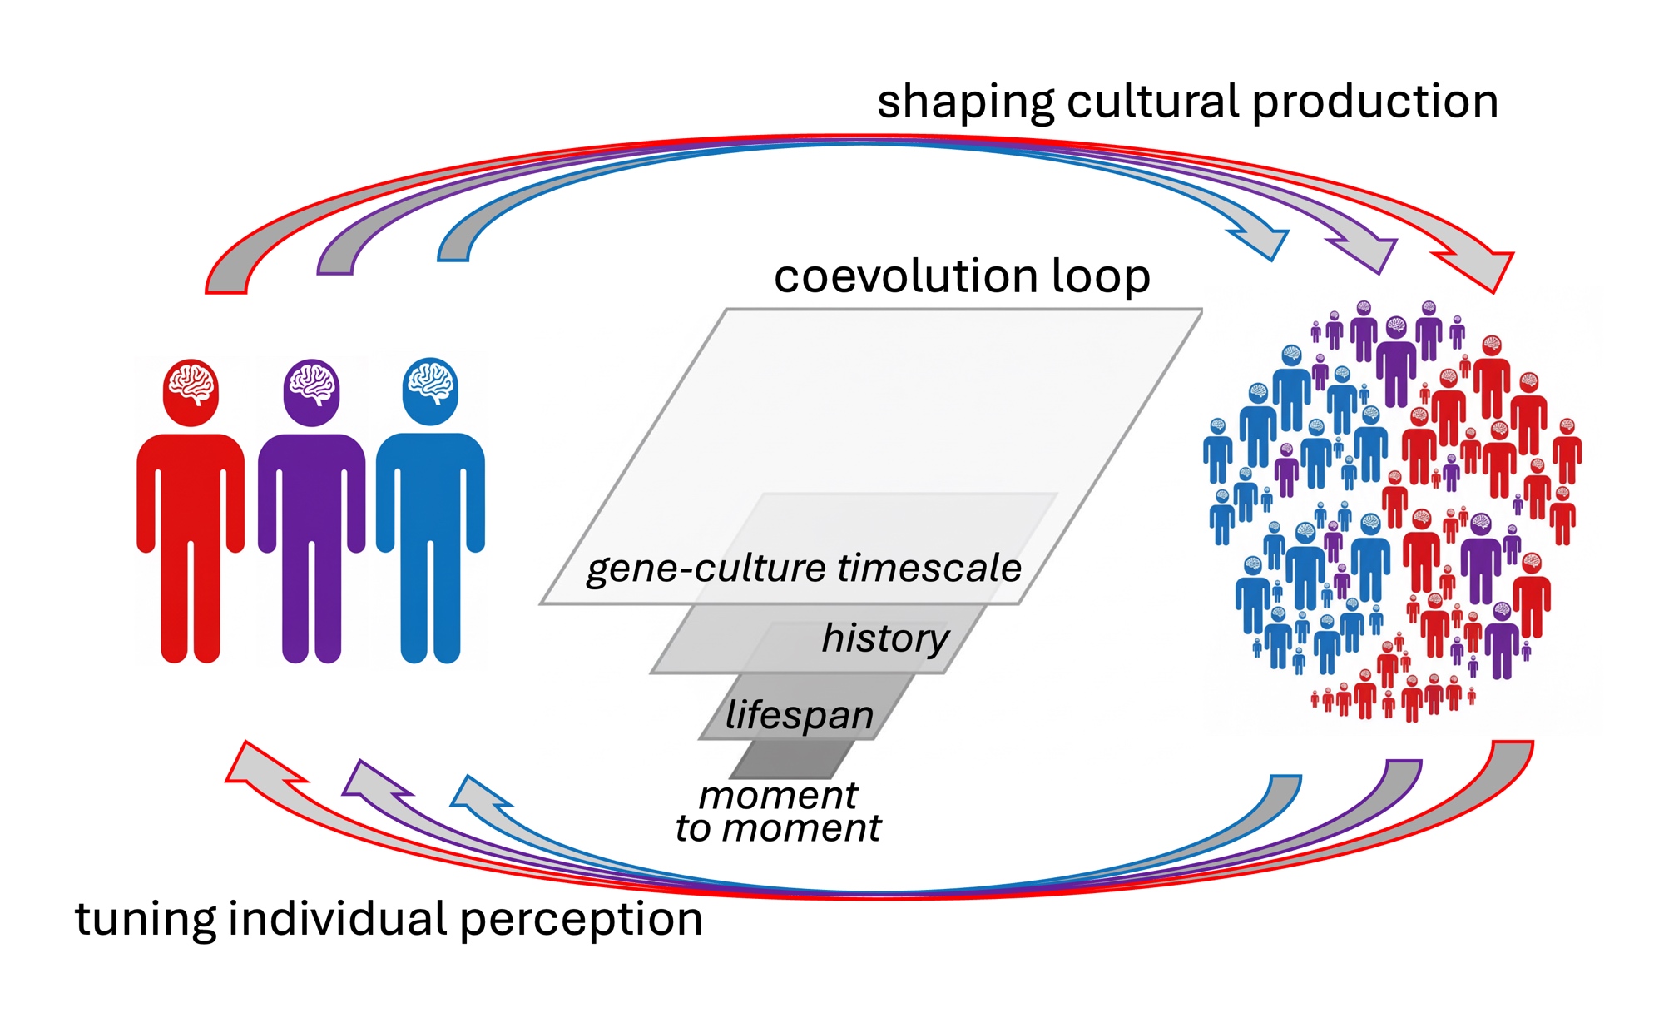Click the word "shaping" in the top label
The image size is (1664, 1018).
coord(964,103)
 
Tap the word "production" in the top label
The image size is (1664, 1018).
coord(1374,103)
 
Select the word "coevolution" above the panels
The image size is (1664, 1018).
coord(906,276)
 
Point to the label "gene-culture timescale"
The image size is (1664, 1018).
coord(804,569)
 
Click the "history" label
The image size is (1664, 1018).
coord(884,638)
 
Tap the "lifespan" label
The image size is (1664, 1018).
coord(799,715)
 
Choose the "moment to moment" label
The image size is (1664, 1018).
coord(778,812)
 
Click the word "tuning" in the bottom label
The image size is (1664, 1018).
coord(145,921)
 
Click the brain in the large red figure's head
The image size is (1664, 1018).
coord(191,385)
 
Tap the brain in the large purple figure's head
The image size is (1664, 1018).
coord(311,385)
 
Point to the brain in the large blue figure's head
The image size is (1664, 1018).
coord(430,383)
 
